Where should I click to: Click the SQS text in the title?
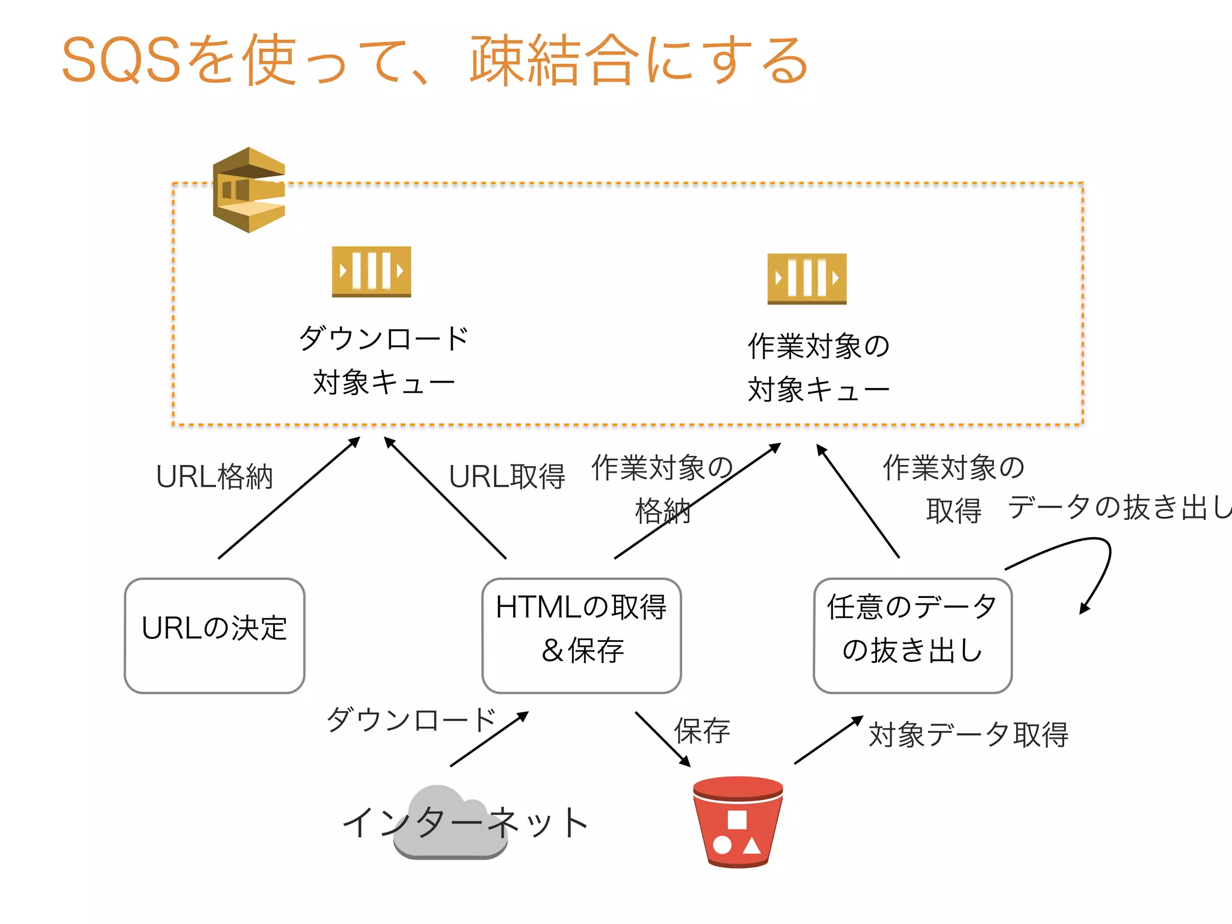[x=120, y=60]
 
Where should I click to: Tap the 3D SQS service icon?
[x=248, y=190]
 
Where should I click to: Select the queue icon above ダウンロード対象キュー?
[x=371, y=271]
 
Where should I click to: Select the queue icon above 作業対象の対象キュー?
[x=807, y=279]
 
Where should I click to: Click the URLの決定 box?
[x=215, y=635]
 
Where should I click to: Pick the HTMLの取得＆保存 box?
[x=581, y=635]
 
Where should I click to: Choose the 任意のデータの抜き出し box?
[x=912, y=635]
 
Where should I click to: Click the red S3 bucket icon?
[x=738, y=822]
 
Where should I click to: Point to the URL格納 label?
[x=214, y=477]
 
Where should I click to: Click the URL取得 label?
[x=507, y=477]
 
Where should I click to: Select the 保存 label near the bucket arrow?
[x=702, y=731]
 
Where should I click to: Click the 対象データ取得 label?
[x=968, y=735]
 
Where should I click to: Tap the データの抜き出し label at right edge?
[x=1119, y=507]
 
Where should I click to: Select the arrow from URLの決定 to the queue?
[x=289, y=498]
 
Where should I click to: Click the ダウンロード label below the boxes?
[x=411, y=719]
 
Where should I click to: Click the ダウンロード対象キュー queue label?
[x=384, y=360]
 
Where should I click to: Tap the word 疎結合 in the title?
[x=553, y=60]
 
